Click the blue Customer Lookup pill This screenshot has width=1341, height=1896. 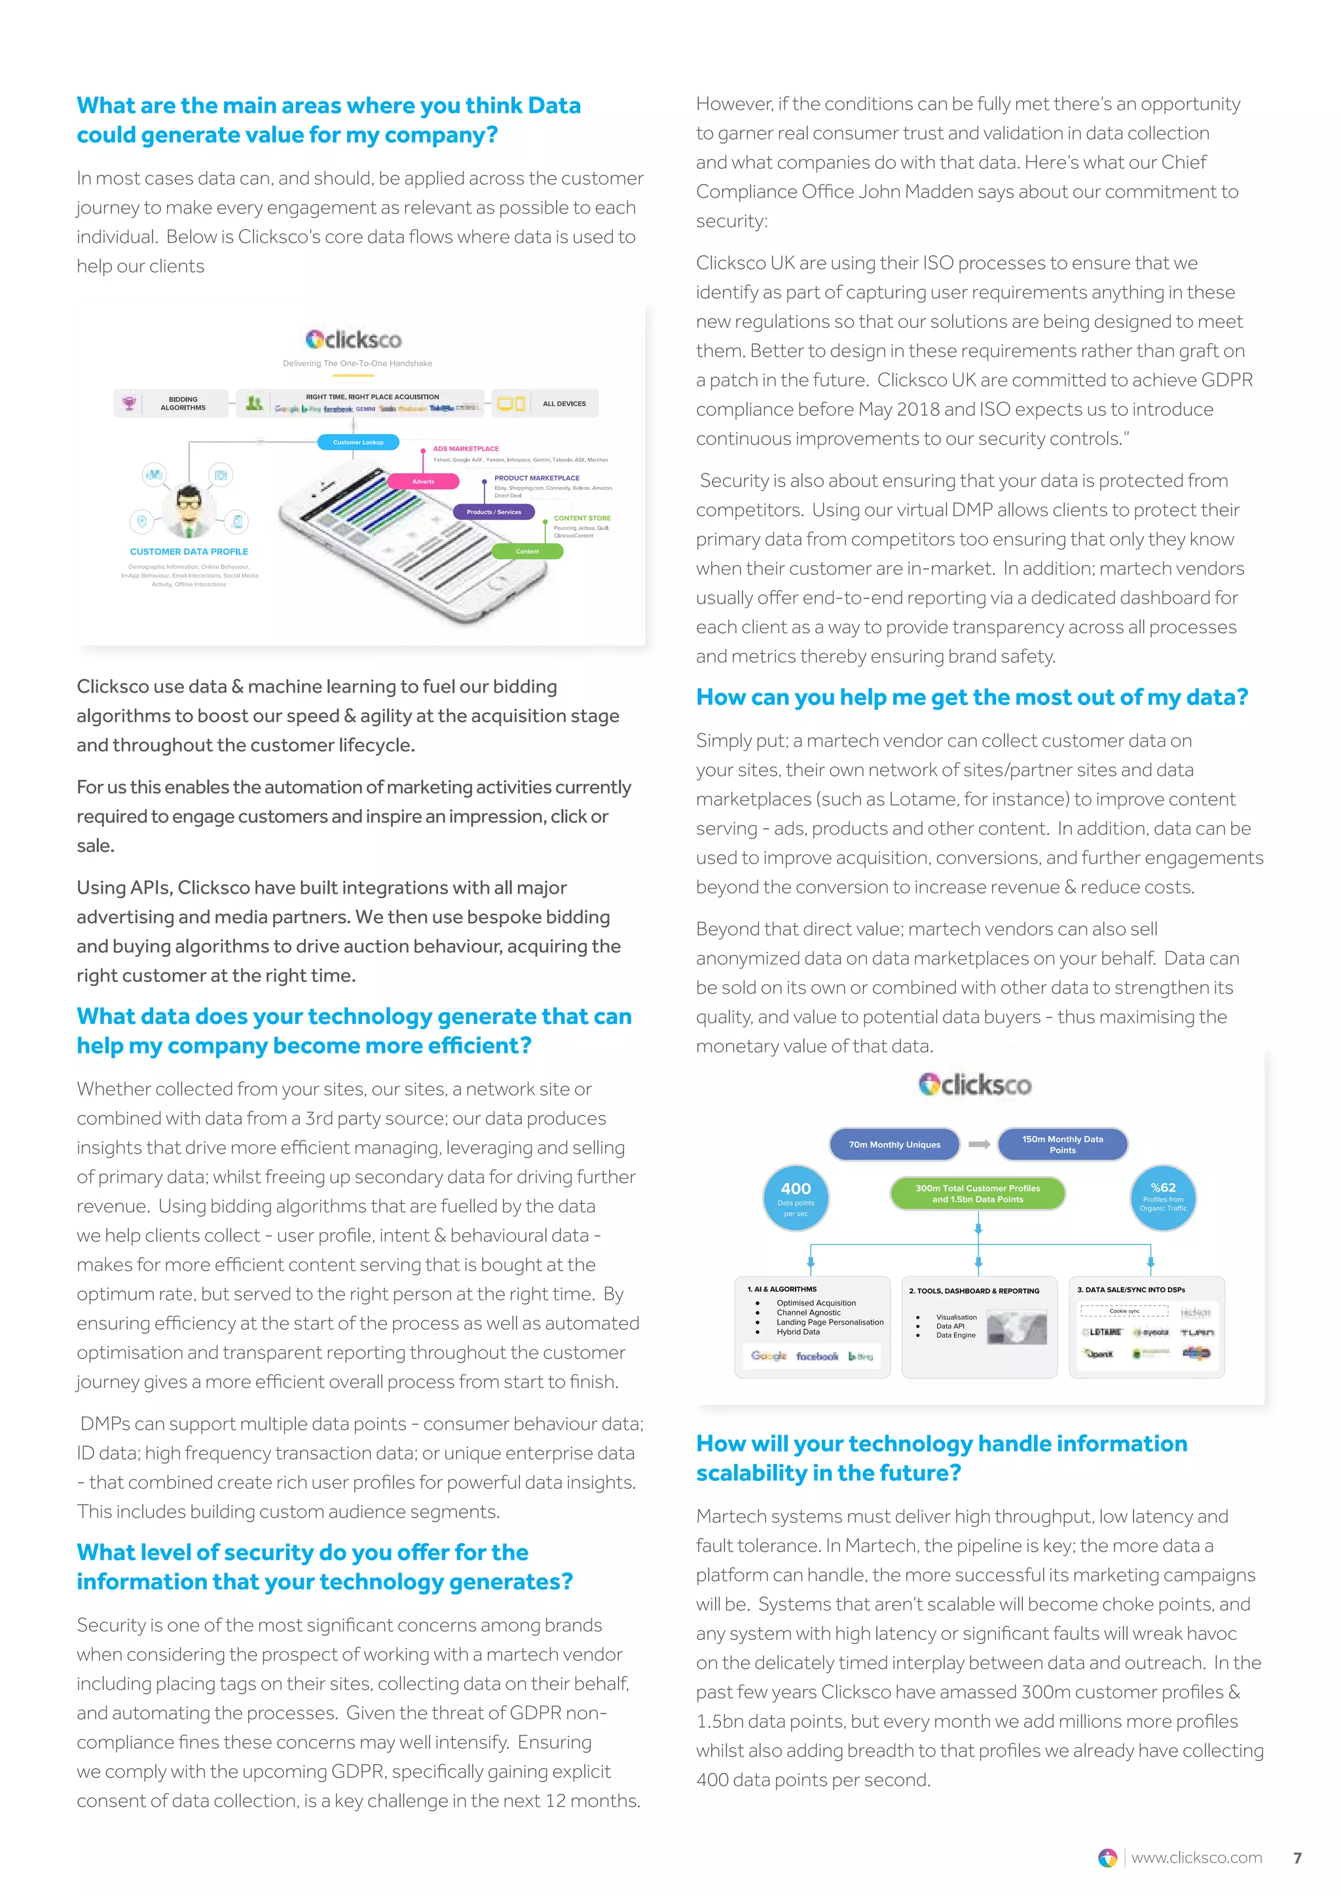358,443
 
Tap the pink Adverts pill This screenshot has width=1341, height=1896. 423,481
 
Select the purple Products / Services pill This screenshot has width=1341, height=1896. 494,512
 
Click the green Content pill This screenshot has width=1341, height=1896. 527,552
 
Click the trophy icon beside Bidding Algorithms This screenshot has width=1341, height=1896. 129,403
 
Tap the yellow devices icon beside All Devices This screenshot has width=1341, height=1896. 510,404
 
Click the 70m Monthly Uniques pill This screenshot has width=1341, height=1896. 894,1144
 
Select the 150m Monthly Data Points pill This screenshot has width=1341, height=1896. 1062,1144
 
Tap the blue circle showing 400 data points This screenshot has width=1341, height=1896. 796,1198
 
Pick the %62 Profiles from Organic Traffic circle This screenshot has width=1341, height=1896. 1163,1198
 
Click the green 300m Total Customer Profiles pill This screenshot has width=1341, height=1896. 978,1194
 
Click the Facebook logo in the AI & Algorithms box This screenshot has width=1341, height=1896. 817,1356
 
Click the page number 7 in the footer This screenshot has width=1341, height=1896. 1297,1858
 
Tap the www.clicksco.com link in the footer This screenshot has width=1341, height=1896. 1196,1858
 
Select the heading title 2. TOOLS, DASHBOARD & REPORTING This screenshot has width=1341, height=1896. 974,1290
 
